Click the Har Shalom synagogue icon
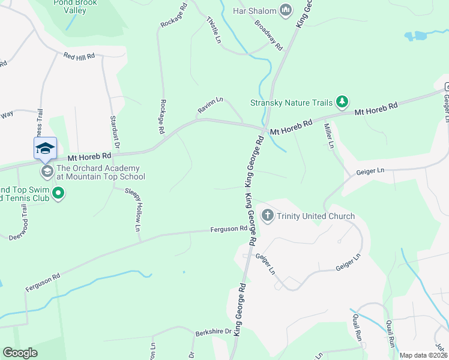click(x=286, y=10)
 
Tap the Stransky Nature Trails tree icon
click(x=342, y=102)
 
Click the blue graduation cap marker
click(x=45, y=148)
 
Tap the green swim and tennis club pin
click(x=58, y=194)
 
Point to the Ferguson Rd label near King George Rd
click(x=229, y=229)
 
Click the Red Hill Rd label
click(x=80, y=56)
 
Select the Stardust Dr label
click(x=114, y=133)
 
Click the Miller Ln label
click(x=328, y=136)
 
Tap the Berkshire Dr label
click(x=213, y=332)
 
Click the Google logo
click(x=20, y=353)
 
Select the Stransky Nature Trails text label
click(x=291, y=103)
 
